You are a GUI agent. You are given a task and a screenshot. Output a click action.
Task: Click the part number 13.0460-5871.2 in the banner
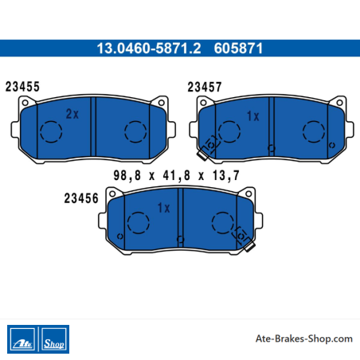149,49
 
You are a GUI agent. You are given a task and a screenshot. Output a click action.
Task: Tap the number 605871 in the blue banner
238,49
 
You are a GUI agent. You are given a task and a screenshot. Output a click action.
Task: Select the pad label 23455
22,87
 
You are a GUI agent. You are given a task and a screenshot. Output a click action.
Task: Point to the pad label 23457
205,87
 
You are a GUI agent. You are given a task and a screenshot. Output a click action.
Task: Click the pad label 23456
81,198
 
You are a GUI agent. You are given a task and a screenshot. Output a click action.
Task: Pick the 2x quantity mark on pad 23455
72,114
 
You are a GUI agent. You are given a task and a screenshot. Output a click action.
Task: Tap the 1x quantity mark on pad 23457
252,116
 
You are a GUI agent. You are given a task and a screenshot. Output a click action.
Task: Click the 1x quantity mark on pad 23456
163,208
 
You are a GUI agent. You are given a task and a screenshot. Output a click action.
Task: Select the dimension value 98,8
127,175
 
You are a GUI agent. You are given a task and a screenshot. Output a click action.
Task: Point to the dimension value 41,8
177,175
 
